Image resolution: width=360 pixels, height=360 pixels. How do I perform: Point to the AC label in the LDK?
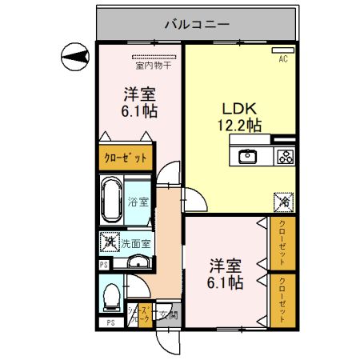coord(283,58)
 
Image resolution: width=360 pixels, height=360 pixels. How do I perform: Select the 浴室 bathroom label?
coord(138,202)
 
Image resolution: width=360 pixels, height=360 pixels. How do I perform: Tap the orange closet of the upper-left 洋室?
coord(126,158)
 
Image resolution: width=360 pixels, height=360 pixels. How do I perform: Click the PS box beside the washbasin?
coord(103,265)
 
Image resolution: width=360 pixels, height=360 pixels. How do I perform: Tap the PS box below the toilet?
coord(110,322)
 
